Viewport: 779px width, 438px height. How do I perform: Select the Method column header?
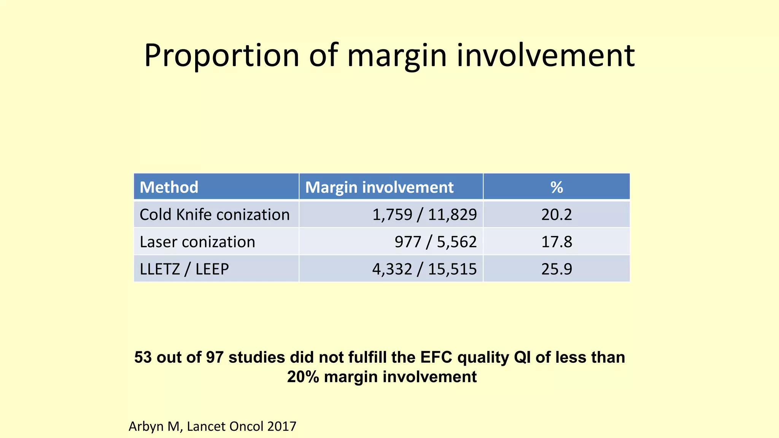pyautogui.click(x=169, y=187)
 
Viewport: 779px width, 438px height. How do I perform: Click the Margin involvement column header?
pyautogui.click(x=379, y=187)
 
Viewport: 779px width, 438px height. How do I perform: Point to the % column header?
pyautogui.click(x=556, y=187)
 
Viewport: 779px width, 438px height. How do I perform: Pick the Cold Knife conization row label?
pyautogui.click(x=215, y=214)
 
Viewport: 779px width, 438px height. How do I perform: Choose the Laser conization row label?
pyautogui.click(x=197, y=242)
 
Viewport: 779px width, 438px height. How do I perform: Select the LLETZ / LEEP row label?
pyautogui.click(x=184, y=269)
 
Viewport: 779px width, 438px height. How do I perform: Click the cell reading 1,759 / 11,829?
pyautogui.click(x=424, y=214)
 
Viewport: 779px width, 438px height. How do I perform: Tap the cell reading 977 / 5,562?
pyautogui.click(x=436, y=242)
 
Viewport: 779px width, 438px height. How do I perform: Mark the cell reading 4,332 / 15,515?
pyautogui.click(x=424, y=269)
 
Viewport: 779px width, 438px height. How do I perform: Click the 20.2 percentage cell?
pyautogui.click(x=556, y=214)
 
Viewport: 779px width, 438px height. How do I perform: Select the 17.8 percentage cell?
pyautogui.click(x=556, y=242)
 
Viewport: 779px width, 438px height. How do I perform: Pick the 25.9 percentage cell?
pyautogui.click(x=556, y=269)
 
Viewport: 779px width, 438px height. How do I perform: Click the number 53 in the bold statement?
pyautogui.click(x=143, y=357)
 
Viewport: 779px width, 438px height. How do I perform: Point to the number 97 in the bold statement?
pyautogui.click(x=215, y=357)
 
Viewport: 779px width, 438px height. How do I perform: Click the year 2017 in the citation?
pyautogui.click(x=281, y=427)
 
